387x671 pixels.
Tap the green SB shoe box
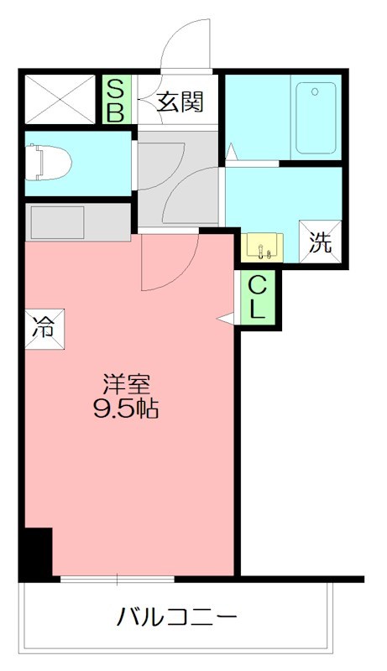point(116,101)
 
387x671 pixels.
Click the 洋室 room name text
point(128,385)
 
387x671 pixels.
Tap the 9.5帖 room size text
point(128,410)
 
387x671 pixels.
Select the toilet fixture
point(46,161)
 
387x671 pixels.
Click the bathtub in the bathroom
point(316,117)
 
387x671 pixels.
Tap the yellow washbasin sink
point(262,248)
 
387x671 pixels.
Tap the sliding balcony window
point(118,578)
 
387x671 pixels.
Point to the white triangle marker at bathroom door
point(232,152)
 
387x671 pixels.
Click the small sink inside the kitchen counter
point(56,222)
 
